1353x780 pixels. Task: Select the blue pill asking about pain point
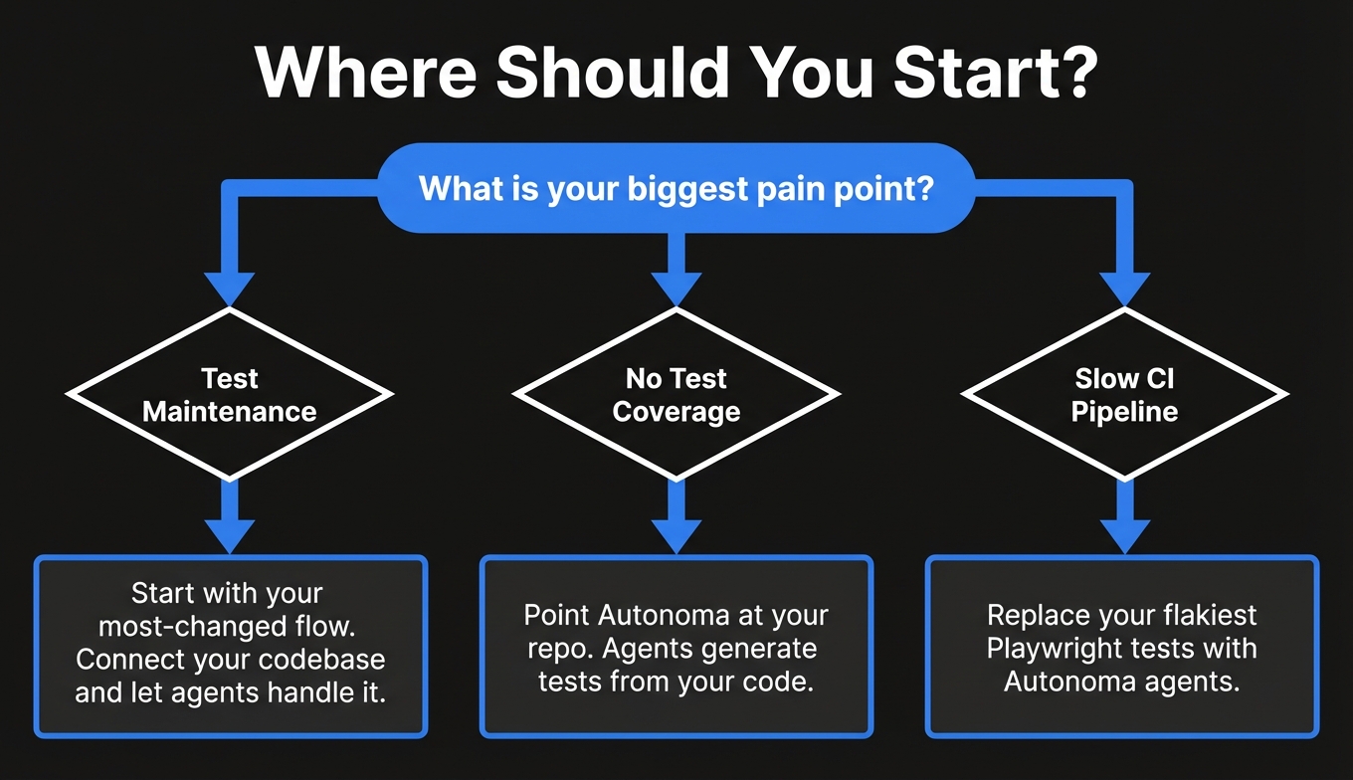coord(676,188)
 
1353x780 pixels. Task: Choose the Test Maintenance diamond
coord(230,395)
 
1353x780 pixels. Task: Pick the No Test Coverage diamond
coord(676,395)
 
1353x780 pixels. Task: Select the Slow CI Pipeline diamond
coord(1124,395)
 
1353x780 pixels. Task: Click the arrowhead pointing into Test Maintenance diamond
coord(230,290)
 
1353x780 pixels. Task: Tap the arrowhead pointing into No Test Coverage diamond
coord(676,290)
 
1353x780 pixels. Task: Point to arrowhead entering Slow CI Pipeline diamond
coord(1124,290)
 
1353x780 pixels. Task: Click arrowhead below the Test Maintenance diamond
coord(230,535)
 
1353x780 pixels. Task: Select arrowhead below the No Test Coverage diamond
coord(676,535)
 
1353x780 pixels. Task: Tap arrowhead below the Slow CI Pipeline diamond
coord(1124,535)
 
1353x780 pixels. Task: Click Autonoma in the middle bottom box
coord(664,616)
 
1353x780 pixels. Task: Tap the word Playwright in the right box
coord(1054,649)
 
